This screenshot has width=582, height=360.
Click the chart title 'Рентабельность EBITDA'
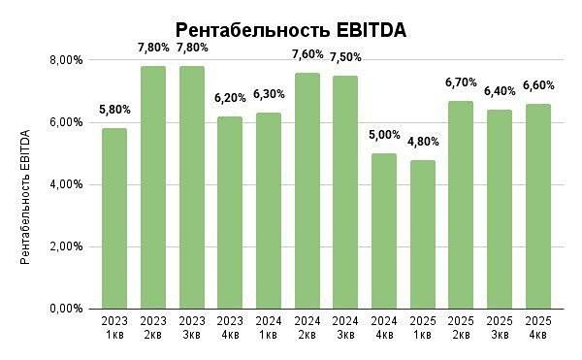click(290, 30)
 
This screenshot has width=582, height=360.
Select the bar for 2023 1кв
click(114, 218)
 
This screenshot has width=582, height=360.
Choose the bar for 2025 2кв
click(461, 205)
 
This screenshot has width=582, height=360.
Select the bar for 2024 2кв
click(307, 190)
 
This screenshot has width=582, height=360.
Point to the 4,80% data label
click(422, 142)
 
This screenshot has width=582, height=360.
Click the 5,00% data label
click(383, 136)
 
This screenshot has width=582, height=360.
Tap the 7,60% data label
click(307, 54)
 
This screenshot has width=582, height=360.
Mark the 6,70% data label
click(461, 82)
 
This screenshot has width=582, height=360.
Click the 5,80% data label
click(114, 111)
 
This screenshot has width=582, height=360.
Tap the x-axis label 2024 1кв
click(268, 328)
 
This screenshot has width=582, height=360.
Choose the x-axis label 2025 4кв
click(537, 328)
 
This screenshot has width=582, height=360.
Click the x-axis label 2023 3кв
click(191, 328)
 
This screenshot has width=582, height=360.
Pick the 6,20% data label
click(230, 98)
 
